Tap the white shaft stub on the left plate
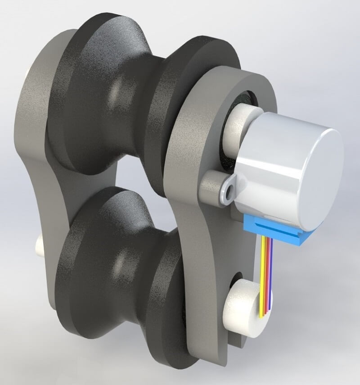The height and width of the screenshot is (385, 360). pos(39,245)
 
